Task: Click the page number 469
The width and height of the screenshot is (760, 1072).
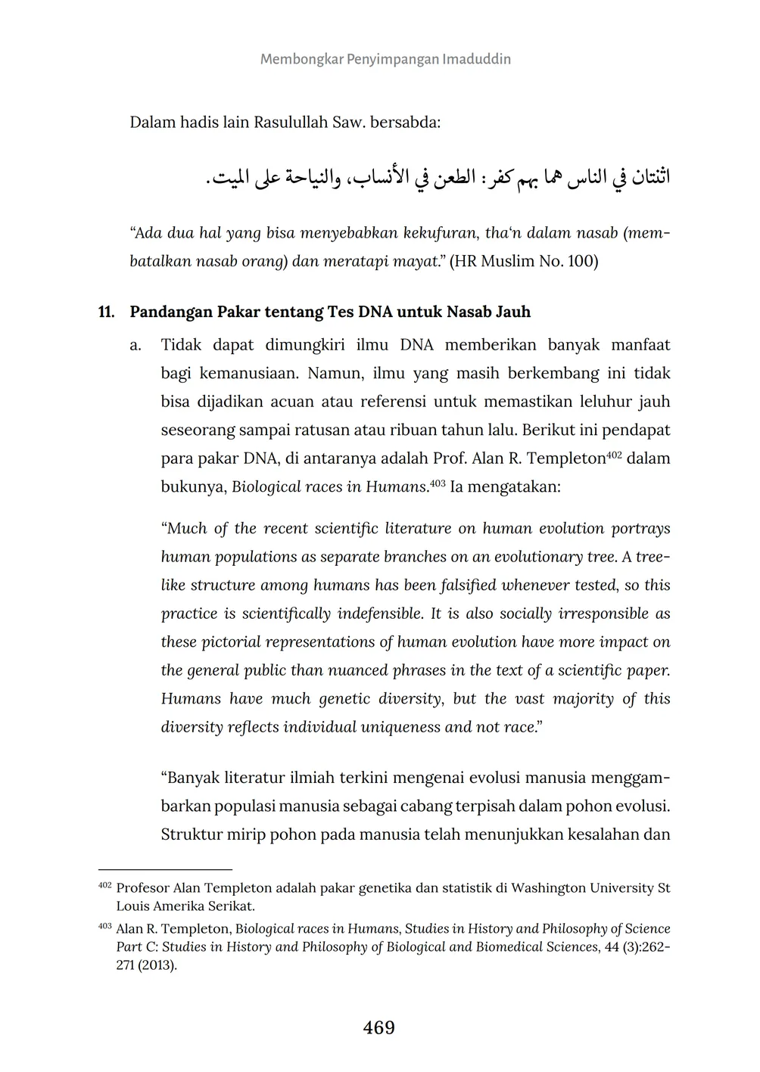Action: tap(379, 1027)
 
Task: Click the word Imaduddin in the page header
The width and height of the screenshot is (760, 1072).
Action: tap(476, 59)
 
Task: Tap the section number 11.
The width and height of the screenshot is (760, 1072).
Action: tap(106, 312)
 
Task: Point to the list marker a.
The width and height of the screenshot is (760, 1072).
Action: tap(135, 346)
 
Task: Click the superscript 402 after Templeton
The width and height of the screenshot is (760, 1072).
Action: tap(614, 455)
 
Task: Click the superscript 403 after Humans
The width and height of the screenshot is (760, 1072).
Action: tap(438, 483)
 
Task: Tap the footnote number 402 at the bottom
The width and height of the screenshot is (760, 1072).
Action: tap(104, 885)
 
